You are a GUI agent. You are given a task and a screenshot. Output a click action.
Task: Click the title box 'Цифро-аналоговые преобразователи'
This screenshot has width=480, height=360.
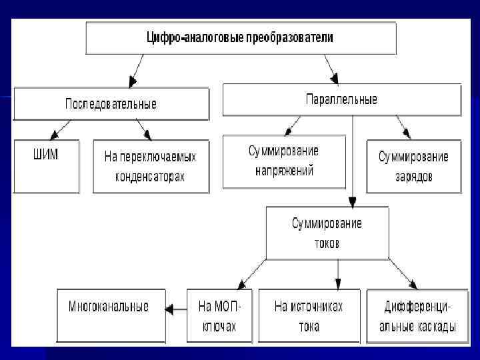point(240,38)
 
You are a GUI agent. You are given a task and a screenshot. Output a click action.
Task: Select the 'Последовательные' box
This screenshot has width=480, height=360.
point(111,104)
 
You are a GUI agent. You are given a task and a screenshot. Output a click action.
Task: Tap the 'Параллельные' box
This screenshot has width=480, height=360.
point(341,99)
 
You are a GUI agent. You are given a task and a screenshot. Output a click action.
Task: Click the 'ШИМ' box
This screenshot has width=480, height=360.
point(45,166)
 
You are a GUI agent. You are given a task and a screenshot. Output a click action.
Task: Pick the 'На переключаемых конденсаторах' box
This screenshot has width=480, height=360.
point(151,167)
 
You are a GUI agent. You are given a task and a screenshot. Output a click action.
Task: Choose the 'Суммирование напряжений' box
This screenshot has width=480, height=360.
point(284,161)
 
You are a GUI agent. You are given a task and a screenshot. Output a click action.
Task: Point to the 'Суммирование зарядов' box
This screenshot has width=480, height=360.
point(413,167)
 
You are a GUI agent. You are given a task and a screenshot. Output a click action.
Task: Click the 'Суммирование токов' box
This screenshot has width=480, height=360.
point(327,233)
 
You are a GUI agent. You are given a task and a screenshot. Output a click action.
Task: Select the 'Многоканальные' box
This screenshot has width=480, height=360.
point(111,315)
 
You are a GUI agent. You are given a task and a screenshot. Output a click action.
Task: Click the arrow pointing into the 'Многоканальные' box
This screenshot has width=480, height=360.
point(175,308)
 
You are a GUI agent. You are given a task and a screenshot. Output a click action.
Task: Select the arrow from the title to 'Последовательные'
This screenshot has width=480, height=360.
point(138,71)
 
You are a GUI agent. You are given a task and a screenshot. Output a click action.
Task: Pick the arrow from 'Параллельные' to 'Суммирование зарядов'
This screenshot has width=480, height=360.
point(403,127)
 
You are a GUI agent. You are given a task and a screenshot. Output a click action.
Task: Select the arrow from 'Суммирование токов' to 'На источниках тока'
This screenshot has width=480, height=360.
point(338,273)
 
